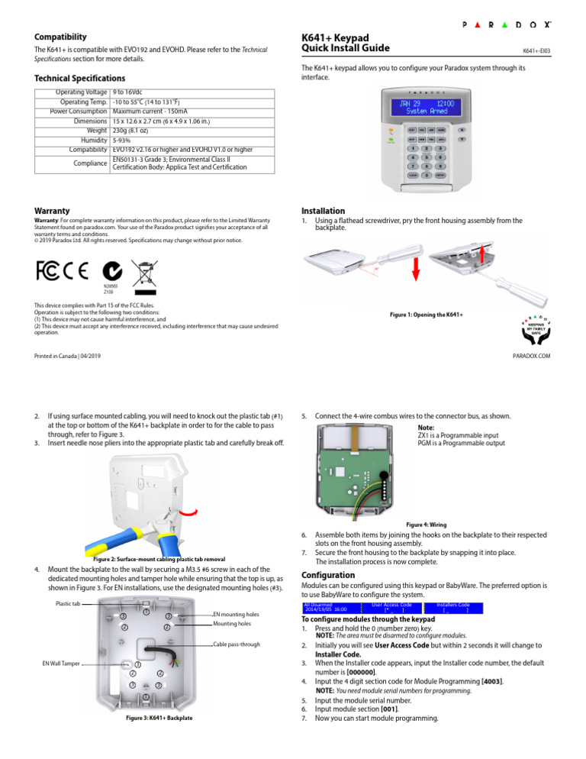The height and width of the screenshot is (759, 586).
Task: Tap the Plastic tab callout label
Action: pos(68,603)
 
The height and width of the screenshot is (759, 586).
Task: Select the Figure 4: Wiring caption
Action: pos(427,525)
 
